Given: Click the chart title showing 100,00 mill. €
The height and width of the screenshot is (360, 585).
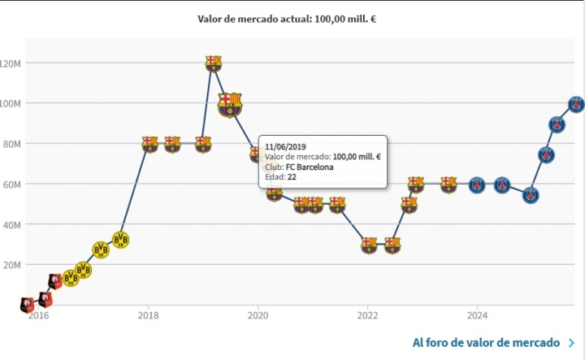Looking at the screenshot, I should [287, 18].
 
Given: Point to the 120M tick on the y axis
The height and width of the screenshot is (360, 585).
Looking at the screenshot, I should [16, 63].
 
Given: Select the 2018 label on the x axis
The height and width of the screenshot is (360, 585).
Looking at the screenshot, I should [147, 315].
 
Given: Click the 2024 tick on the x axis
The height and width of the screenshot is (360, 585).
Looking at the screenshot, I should [477, 315].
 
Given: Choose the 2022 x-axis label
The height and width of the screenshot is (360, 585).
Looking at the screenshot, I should [367, 315].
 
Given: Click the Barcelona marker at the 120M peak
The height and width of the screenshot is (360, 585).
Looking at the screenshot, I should [213, 63].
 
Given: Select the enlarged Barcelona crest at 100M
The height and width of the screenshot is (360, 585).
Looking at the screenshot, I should [230, 104].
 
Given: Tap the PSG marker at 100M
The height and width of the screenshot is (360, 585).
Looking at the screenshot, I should [575, 104].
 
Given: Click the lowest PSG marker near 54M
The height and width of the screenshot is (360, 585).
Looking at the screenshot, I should [531, 195].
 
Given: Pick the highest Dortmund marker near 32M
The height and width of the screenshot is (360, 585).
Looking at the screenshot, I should [121, 240].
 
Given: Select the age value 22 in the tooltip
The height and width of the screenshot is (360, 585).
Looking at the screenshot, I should [292, 177].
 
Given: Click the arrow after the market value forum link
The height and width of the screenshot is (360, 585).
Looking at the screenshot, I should [572, 343].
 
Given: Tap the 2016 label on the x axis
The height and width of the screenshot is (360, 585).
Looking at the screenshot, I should [37, 315].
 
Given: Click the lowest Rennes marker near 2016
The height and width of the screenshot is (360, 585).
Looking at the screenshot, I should [28, 305].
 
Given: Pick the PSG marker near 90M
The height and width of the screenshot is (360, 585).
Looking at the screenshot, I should [557, 124].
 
